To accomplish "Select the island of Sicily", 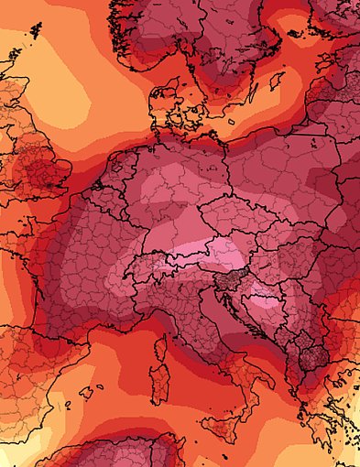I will click(x=228, y=424).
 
